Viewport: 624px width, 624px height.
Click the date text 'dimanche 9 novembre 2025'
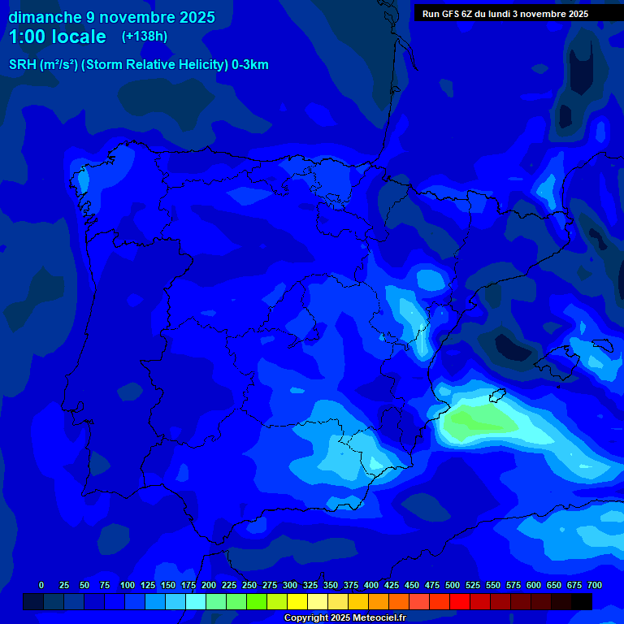[112, 17]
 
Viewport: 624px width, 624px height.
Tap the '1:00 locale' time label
[58, 37]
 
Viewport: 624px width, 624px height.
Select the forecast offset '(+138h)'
[145, 37]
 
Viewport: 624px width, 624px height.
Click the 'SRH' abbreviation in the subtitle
[22, 65]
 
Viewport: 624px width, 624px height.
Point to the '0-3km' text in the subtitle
[249, 65]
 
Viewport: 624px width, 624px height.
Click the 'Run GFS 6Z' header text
[452, 14]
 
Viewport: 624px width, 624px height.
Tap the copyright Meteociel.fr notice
[344, 617]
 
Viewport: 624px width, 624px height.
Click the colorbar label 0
[41, 585]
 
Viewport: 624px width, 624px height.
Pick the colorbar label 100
[128, 585]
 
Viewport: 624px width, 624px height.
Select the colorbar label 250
[249, 585]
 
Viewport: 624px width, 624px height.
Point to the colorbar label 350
[331, 585]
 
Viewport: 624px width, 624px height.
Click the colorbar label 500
[453, 585]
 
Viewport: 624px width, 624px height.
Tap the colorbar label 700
[595, 585]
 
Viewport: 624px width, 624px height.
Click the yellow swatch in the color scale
[297, 601]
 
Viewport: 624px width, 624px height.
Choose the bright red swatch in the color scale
[460, 601]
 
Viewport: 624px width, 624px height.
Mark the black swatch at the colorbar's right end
[582, 601]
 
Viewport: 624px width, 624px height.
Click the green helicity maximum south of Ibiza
[479, 420]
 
